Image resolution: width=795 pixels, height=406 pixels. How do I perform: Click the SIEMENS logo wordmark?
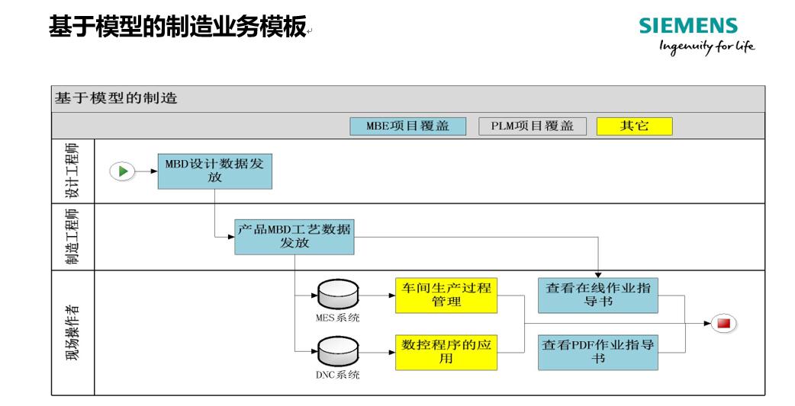pyautogui.click(x=688, y=27)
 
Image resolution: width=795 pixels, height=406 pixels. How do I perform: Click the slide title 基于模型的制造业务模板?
pyautogui.click(x=177, y=28)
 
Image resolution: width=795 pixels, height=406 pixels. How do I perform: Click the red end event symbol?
pyautogui.click(x=723, y=324)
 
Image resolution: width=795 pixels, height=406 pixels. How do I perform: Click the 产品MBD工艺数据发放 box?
pyautogui.click(x=295, y=237)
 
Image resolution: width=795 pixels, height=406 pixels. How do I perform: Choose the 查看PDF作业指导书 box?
pyautogui.click(x=597, y=352)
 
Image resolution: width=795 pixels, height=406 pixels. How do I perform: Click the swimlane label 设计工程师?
pyautogui.click(x=72, y=171)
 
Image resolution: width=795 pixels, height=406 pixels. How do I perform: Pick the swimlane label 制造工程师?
pyautogui.click(x=72, y=237)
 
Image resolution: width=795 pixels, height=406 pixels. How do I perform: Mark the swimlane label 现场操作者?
pyautogui.click(x=72, y=333)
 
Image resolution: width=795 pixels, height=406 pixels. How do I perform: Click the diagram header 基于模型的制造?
pyautogui.click(x=115, y=98)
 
